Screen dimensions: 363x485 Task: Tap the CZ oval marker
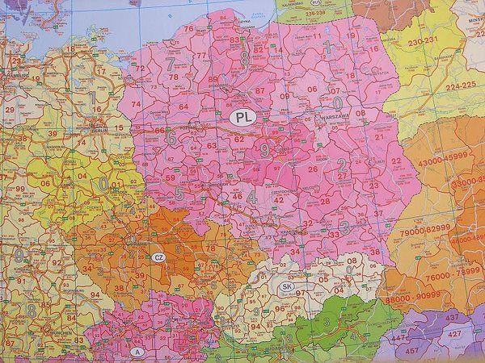(158, 257)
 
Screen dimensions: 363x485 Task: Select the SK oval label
(286, 286)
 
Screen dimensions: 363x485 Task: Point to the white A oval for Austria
(138, 353)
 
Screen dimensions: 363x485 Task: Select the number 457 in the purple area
(413, 351)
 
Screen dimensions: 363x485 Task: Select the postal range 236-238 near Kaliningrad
(295, 14)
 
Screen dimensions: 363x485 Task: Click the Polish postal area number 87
(260, 90)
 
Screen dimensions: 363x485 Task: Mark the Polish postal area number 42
(277, 198)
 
